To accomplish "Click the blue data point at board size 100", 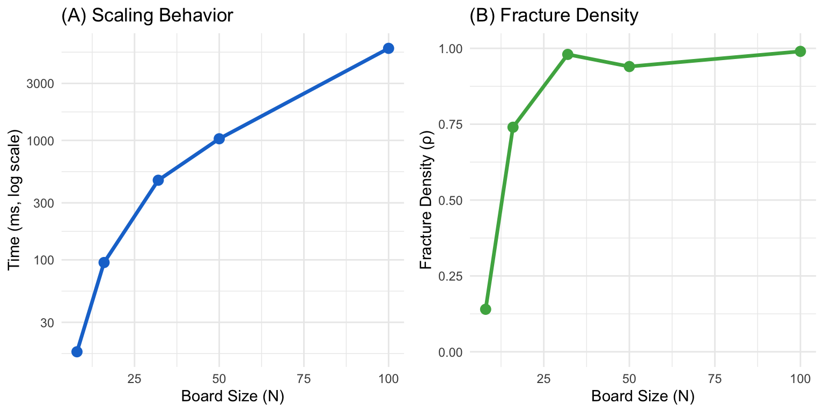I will pyautogui.click(x=388, y=48).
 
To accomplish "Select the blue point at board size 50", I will pyautogui.click(x=219, y=139).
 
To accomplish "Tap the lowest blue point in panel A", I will pyautogui.click(x=77, y=351).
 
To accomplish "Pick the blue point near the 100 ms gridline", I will pyautogui.click(x=104, y=262).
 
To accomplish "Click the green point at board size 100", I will pyautogui.click(x=800, y=51).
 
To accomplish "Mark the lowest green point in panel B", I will pyautogui.click(x=485, y=309).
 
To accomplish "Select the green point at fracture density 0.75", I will pyautogui.click(x=513, y=127).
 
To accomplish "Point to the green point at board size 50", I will pyautogui.click(x=629, y=67).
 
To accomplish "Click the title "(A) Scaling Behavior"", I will pyautogui.click(x=147, y=16).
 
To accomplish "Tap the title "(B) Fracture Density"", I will pyautogui.click(x=554, y=16).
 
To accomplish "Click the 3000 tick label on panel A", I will pyautogui.click(x=43, y=84).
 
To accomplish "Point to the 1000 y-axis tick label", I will pyautogui.click(x=43, y=141).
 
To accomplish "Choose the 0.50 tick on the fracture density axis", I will pyautogui.click(x=449, y=201).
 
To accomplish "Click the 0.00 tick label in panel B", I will pyautogui.click(x=449, y=352).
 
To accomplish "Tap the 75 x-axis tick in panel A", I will pyautogui.click(x=304, y=378).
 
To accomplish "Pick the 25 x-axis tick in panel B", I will pyautogui.click(x=544, y=378).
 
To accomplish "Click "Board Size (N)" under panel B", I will pyautogui.click(x=643, y=397).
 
